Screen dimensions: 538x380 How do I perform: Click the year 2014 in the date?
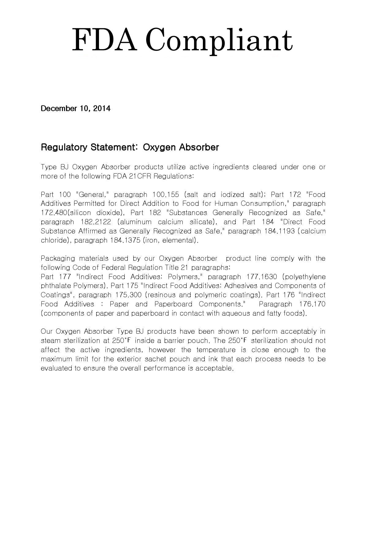tap(102, 108)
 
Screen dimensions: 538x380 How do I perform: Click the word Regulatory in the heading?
tap(64, 147)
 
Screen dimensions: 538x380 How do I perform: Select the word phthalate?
tap(56, 286)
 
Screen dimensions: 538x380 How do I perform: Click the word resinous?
tap(161, 295)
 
